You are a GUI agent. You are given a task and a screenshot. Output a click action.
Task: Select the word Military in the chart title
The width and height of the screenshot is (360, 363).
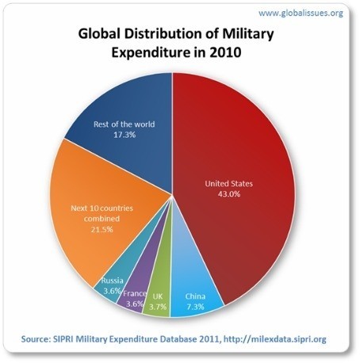237,36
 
